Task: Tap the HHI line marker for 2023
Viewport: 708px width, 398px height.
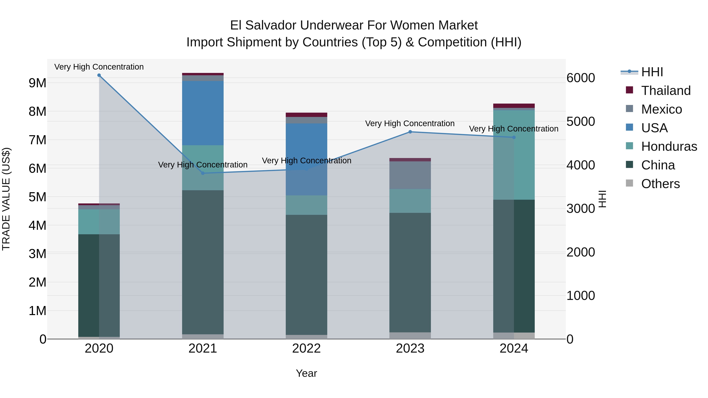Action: [x=410, y=132]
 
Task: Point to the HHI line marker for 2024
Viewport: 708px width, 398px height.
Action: [x=514, y=137]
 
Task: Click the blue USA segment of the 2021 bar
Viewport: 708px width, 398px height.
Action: [x=203, y=113]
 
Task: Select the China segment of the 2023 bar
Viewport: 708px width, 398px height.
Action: [x=410, y=272]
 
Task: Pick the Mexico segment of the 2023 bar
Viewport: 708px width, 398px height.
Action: [x=410, y=175]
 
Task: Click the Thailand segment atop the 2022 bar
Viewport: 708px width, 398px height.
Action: [x=306, y=115]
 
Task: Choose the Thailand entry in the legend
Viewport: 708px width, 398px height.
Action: [x=665, y=91]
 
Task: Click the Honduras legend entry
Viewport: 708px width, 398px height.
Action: [x=669, y=146]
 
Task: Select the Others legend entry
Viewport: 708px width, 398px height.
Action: [x=660, y=184]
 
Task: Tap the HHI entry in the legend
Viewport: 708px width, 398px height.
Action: [x=652, y=72]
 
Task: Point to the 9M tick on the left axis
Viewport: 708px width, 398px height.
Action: [x=38, y=83]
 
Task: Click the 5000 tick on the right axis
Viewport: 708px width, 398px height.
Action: [x=581, y=121]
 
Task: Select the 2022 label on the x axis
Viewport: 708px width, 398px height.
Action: [x=306, y=348]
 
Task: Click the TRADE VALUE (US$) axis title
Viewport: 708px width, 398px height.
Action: [x=6, y=199]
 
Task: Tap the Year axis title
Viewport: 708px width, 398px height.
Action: [x=306, y=373]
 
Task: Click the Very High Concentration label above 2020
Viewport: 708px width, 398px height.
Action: [x=99, y=67]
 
